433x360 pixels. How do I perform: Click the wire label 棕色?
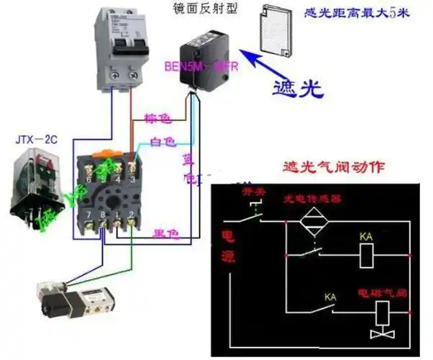tap(158, 117)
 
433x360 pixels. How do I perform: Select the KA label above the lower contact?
tap(331, 296)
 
